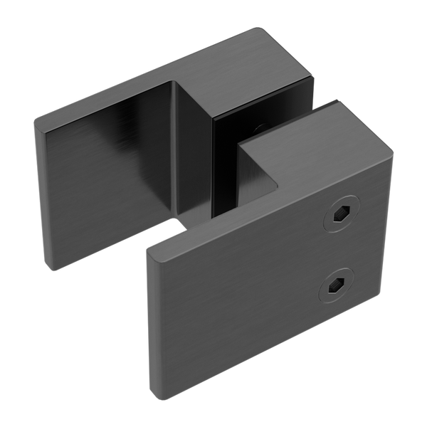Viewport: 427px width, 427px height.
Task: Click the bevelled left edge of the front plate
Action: coord(152,320)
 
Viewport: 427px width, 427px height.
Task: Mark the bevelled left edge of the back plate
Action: coord(41,192)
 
